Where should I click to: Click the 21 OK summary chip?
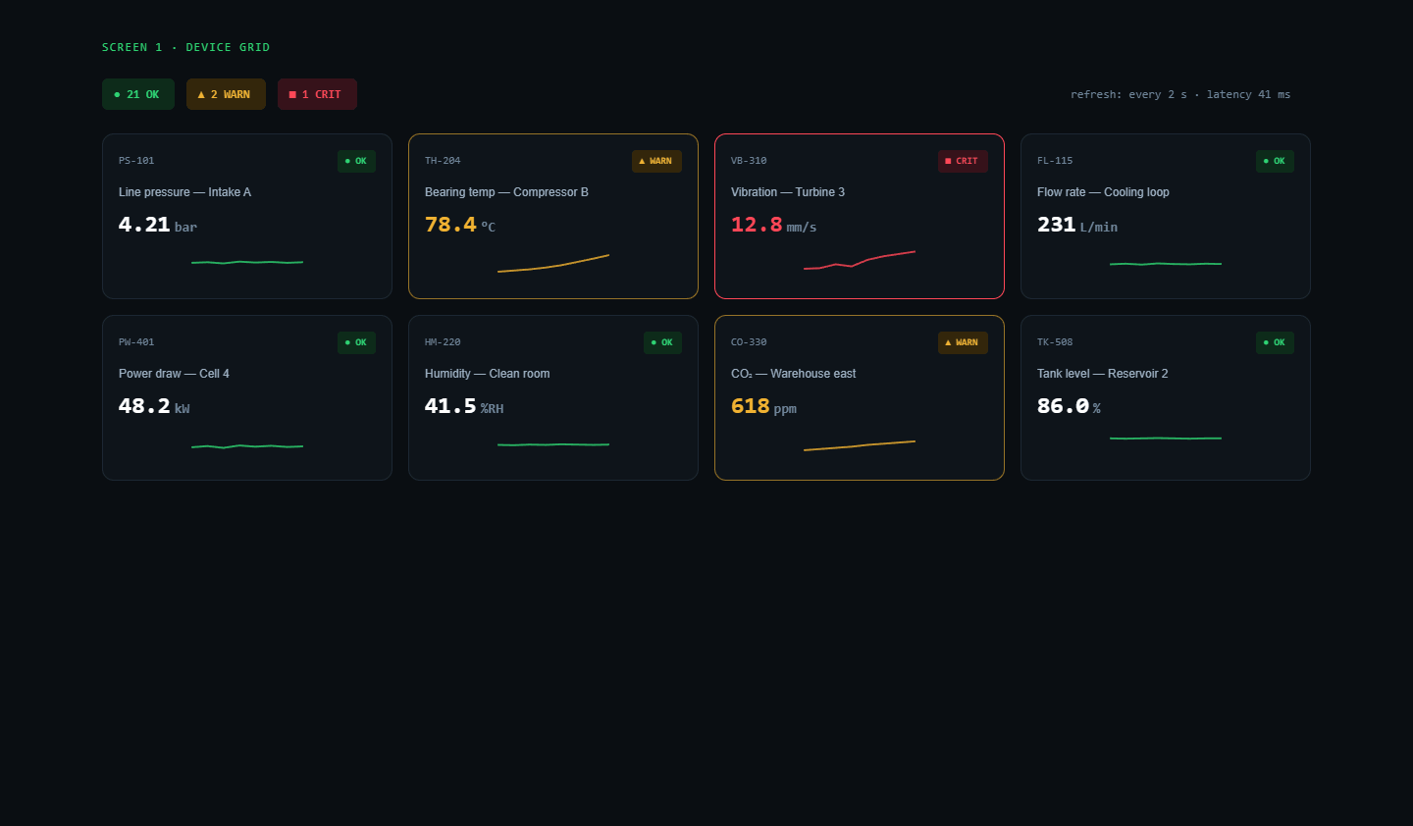click(138, 94)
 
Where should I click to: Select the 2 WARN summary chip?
click(226, 94)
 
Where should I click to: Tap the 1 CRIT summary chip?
click(317, 94)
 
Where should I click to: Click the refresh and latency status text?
click(1180, 94)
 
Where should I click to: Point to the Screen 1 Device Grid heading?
click(186, 47)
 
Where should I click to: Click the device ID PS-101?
click(136, 161)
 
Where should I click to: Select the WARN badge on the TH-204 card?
click(656, 161)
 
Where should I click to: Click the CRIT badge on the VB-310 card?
click(963, 161)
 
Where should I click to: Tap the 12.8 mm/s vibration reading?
click(773, 225)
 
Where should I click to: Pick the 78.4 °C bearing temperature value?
click(460, 225)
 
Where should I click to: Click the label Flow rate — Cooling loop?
click(1103, 192)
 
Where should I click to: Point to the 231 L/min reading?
click(1076, 225)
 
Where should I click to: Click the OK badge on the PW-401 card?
click(356, 342)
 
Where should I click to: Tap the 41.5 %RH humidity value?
click(463, 406)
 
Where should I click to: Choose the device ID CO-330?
click(749, 342)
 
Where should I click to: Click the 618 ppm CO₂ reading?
click(763, 406)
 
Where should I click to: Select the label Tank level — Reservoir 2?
click(1103, 374)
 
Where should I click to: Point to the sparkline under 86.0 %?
click(1166, 438)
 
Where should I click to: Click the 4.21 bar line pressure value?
click(158, 225)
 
